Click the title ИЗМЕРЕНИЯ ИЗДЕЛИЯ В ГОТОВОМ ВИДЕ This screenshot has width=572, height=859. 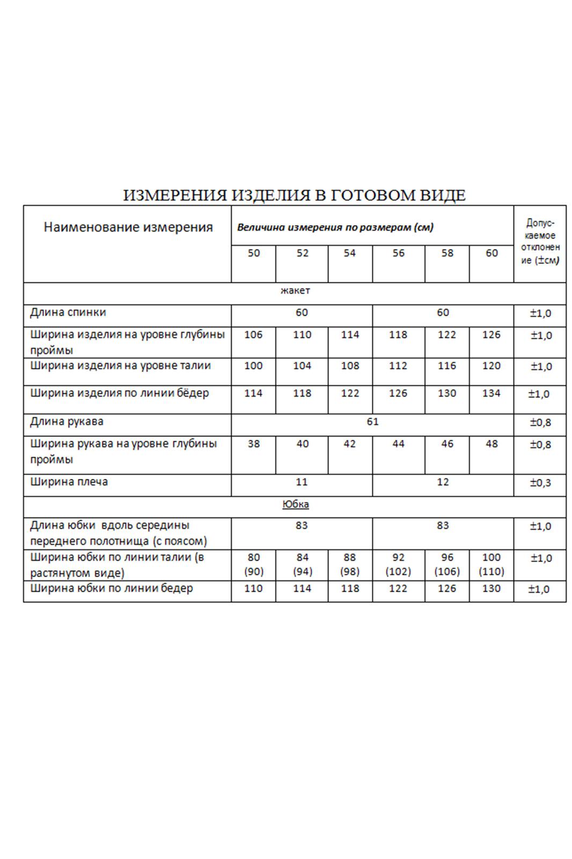click(x=294, y=195)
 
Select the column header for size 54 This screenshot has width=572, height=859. click(x=349, y=253)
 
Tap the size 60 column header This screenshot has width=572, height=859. click(x=492, y=253)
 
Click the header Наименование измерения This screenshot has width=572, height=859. click(x=128, y=227)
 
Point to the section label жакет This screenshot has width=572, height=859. click(x=295, y=290)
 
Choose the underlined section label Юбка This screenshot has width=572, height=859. click(x=295, y=504)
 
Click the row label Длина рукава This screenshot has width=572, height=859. click(x=67, y=421)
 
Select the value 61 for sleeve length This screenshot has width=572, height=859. click(x=372, y=421)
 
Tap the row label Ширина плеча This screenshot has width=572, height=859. click(x=69, y=482)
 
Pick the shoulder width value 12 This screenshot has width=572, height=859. click(x=443, y=482)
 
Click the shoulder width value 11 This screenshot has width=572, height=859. click(x=302, y=482)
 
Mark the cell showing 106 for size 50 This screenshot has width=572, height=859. click(x=253, y=335)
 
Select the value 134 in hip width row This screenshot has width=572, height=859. click(x=491, y=394)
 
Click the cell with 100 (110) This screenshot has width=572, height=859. click(x=491, y=564)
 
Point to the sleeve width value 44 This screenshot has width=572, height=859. click(x=398, y=444)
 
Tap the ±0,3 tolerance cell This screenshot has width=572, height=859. click(x=540, y=483)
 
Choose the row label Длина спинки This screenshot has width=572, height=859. click(x=68, y=312)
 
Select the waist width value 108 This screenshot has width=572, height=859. click(x=350, y=366)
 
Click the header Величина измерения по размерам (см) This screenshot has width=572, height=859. click(x=335, y=227)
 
